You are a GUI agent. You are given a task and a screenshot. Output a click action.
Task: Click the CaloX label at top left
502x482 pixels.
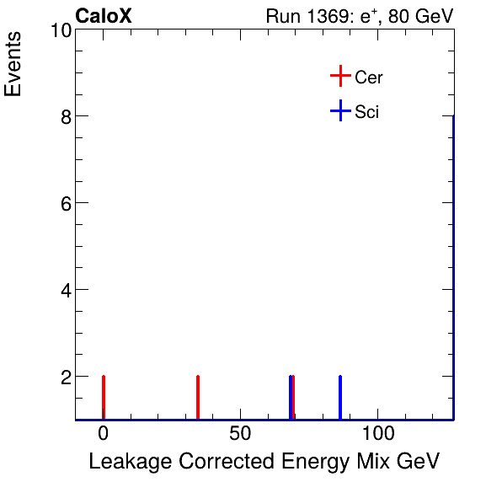[x=104, y=16]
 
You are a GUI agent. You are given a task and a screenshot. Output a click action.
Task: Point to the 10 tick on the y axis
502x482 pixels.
[x=58, y=30]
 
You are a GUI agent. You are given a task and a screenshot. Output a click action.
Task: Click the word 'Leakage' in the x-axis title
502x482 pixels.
[x=128, y=462]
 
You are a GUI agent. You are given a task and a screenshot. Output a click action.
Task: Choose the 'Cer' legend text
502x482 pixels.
[x=369, y=78]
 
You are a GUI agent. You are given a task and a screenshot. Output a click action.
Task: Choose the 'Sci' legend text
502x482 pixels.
[x=367, y=112]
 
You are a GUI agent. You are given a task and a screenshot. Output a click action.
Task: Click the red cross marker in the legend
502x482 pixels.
[x=339, y=77]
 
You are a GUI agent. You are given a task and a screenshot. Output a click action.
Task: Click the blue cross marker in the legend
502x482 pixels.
[x=339, y=111]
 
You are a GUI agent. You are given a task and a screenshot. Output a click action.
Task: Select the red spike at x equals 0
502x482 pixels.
[x=103, y=397]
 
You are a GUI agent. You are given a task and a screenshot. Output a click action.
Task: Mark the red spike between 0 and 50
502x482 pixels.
[x=197, y=397]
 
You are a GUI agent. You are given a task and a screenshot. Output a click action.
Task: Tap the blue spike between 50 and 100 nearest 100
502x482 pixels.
[x=340, y=397]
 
